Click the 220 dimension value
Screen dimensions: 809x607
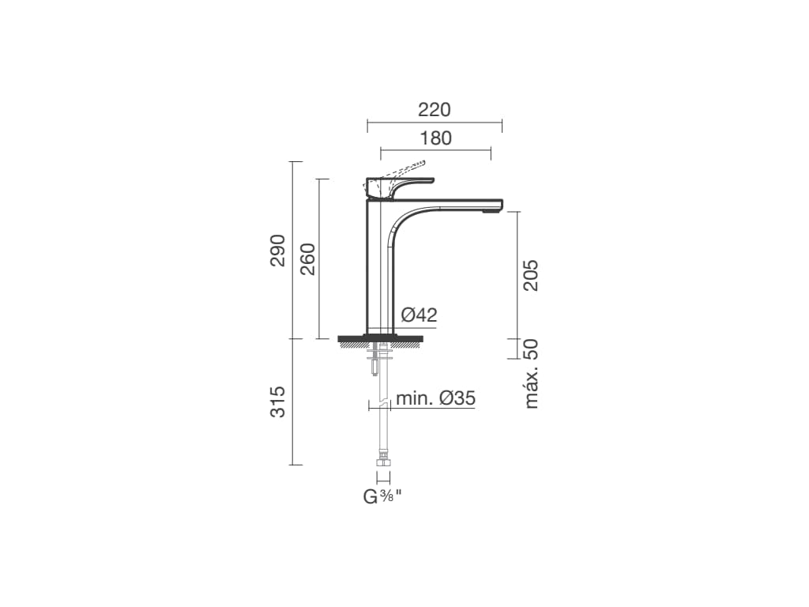[x=434, y=110]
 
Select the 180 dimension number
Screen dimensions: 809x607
[x=435, y=138]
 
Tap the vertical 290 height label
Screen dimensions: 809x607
[x=278, y=251]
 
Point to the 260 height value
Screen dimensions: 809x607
[x=307, y=258]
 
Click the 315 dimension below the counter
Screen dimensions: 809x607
[x=278, y=402]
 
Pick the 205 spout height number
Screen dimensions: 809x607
[x=530, y=276]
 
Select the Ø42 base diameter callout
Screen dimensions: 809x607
[x=420, y=315]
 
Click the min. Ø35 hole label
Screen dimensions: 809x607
[x=435, y=398]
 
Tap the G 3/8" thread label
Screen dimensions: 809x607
[x=382, y=496]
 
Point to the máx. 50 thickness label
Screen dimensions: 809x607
[x=530, y=374]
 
